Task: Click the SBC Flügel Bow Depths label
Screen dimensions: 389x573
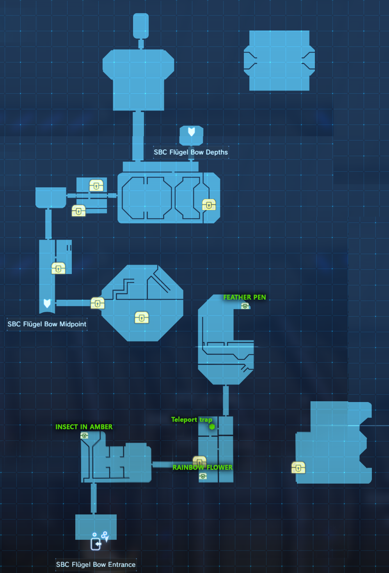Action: click(x=191, y=152)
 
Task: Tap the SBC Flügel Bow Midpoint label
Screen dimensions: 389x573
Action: click(x=47, y=324)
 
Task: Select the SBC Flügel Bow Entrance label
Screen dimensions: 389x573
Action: click(x=96, y=564)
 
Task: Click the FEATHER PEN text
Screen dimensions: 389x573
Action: click(x=245, y=297)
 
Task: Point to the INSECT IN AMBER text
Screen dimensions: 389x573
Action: click(x=84, y=427)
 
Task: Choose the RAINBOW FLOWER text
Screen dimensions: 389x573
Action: click(x=202, y=467)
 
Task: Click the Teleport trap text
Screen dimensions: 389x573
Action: click(x=192, y=420)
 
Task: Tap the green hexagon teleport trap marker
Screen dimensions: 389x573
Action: click(x=212, y=427)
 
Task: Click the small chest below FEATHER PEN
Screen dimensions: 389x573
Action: click(x=245, y=306)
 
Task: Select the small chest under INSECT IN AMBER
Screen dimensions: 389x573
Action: click(x=84, y=435)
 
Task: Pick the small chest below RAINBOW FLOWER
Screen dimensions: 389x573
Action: click(x=203, y=476)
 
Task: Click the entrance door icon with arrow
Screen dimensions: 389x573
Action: click(x=96, y=544)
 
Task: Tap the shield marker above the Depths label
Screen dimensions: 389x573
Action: click(x=192, y=132)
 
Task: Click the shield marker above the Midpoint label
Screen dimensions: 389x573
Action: click(x=47, y=303)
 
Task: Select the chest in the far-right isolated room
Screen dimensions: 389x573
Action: click(x=298, y=468)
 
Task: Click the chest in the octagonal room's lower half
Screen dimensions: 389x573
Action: click(x=142, y=317)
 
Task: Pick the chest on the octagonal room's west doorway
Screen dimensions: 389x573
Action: click(x=98, y=303)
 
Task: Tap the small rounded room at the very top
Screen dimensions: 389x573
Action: click(x=141, y=26)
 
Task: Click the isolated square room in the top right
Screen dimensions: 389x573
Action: click(x=279, y=61)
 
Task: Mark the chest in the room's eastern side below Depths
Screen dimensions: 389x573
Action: click(x=209, y=205)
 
